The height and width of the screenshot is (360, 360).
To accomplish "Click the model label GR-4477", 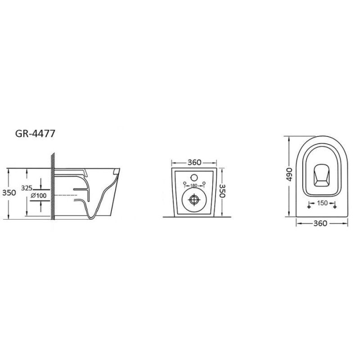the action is point(35,134).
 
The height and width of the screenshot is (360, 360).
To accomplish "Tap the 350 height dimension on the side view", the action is point(9,193).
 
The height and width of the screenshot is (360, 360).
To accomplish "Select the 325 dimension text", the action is point(27,188).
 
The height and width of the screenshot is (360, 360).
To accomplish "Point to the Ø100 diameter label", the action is point(38,196).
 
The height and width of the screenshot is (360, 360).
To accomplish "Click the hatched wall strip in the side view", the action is point(53,186).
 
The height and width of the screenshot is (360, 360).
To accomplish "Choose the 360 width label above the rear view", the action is point(194,162).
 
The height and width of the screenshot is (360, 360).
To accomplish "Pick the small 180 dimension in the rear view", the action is point(194,185).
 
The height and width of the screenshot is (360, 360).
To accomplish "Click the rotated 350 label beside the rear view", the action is point(222,190).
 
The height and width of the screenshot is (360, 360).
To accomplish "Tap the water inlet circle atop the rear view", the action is point(194,177).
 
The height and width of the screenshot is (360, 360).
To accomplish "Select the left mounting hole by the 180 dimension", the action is point(184,183).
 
